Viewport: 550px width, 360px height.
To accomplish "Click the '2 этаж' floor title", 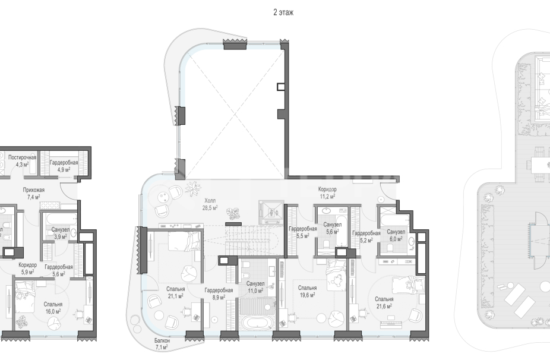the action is tap(283, 12).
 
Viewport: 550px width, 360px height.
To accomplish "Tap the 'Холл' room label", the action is tap(210, 201).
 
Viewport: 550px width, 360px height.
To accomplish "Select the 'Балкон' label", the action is tap(162, 341).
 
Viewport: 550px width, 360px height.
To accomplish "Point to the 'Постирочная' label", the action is tap(22, 157).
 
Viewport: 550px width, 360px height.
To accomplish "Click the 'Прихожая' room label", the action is tap(34, 190).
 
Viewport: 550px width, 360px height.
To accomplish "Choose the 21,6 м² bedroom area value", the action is tap(384, 306).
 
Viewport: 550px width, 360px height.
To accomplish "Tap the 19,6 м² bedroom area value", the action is tap(307, 295).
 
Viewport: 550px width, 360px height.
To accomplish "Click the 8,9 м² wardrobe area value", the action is tap(219, 297).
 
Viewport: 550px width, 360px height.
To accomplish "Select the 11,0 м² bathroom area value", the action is tap(255, 290).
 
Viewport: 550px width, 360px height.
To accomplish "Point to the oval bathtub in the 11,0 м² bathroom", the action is tap(256, 323).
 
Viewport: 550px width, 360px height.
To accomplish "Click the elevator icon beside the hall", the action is tap(271, 212).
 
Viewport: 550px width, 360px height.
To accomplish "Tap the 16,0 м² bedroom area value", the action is tap(53, 311).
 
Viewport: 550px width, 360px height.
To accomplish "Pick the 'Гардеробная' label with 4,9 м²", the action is tap(64, 162).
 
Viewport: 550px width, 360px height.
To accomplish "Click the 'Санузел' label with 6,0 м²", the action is tap(396, 232).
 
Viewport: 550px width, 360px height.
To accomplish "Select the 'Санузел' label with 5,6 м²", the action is tap(332, 225).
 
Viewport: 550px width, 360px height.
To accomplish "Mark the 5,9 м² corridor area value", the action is tap(27, 272).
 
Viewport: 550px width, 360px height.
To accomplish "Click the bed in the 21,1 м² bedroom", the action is tap(184, 241).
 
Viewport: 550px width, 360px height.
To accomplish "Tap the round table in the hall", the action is tap(163, 197).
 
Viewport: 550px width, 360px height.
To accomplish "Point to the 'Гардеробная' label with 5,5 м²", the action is tap(302, 229).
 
